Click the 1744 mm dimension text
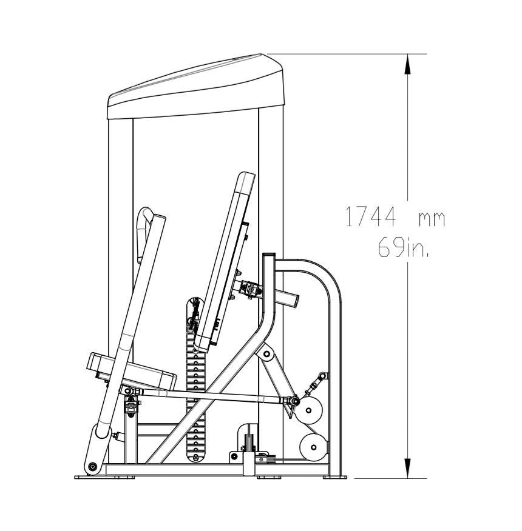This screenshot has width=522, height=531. click(x=395, y=217)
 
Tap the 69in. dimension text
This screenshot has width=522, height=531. click(x=403, y=247)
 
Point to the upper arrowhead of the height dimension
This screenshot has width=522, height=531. click(x=408, y=65)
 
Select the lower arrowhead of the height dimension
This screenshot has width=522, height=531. click(x=408, y=468)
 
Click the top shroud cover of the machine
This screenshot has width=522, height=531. click(x=195, y=87)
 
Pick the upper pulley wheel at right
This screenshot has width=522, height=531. click(x=308, y=410)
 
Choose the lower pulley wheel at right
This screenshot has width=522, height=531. click(x=314, y=447)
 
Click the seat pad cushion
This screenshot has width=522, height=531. click(x=132, y=372)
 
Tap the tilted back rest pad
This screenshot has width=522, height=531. click(x=224, y=262)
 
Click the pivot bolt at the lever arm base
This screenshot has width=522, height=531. click(x=92, y=467)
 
